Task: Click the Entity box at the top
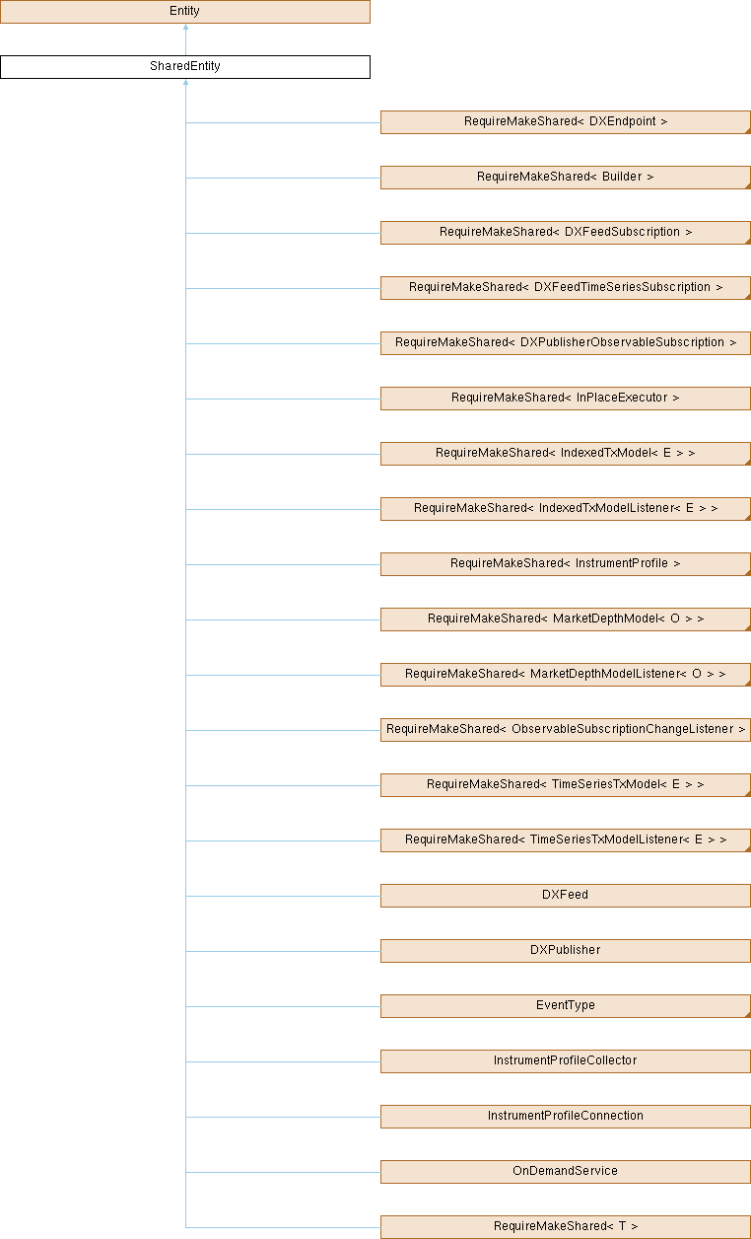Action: click(185, 12)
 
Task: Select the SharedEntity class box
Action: click(185, 67)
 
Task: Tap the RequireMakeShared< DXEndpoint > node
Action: click(566, 122)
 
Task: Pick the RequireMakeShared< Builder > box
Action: click(566, 178)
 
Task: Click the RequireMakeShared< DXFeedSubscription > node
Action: click(566, 233)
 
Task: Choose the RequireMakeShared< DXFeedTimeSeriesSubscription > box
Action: click(566, 288)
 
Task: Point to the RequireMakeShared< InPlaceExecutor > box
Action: click(566, 399)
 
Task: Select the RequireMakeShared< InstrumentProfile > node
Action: click(566, 564)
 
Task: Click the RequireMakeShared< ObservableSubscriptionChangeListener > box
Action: click(566, 730)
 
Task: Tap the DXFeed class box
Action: click(566, 896)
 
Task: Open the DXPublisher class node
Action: click(566, 951)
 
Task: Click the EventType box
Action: click(566, 1006)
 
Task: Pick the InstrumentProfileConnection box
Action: click(566, 1118)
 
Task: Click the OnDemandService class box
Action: click(566, 1172)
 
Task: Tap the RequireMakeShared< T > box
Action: click(566, 1227)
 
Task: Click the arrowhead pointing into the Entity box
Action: click(185, 27)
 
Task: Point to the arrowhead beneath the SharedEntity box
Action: click(185, 82)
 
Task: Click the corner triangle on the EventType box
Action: click(748, 1015)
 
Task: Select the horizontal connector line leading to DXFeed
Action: click(283, 896)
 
